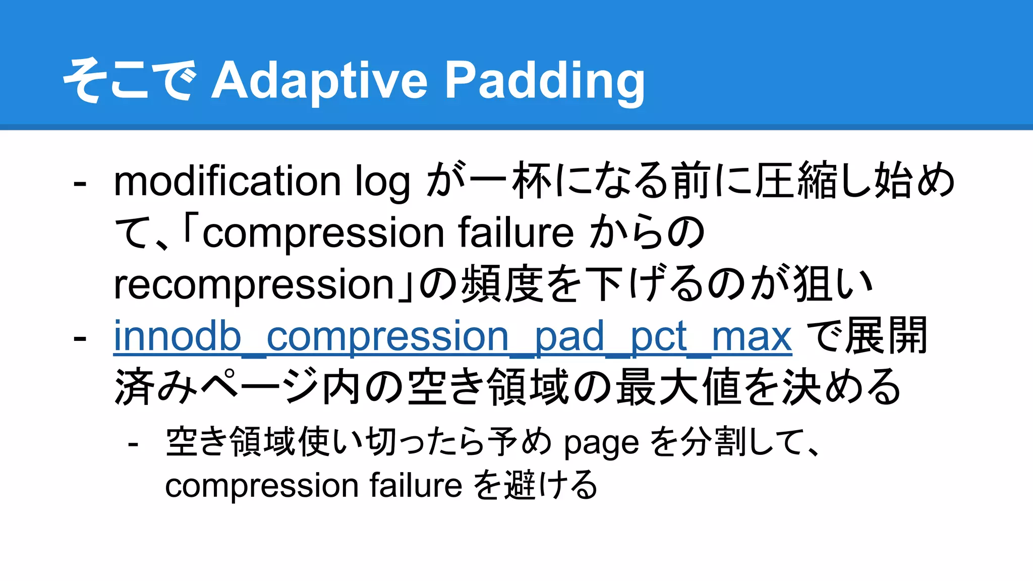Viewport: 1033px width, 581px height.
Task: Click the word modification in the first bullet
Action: [227, 182]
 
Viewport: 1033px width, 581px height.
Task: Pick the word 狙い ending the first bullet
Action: [832, 284]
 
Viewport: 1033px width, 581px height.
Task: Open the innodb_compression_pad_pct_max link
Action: [452, 336]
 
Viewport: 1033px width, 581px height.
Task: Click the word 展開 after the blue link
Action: [886, 336]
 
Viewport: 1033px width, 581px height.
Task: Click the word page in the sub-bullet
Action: [601, 443]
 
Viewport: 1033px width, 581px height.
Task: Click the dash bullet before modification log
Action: [80, 183]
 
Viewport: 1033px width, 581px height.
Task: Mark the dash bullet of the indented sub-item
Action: [133, 444]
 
